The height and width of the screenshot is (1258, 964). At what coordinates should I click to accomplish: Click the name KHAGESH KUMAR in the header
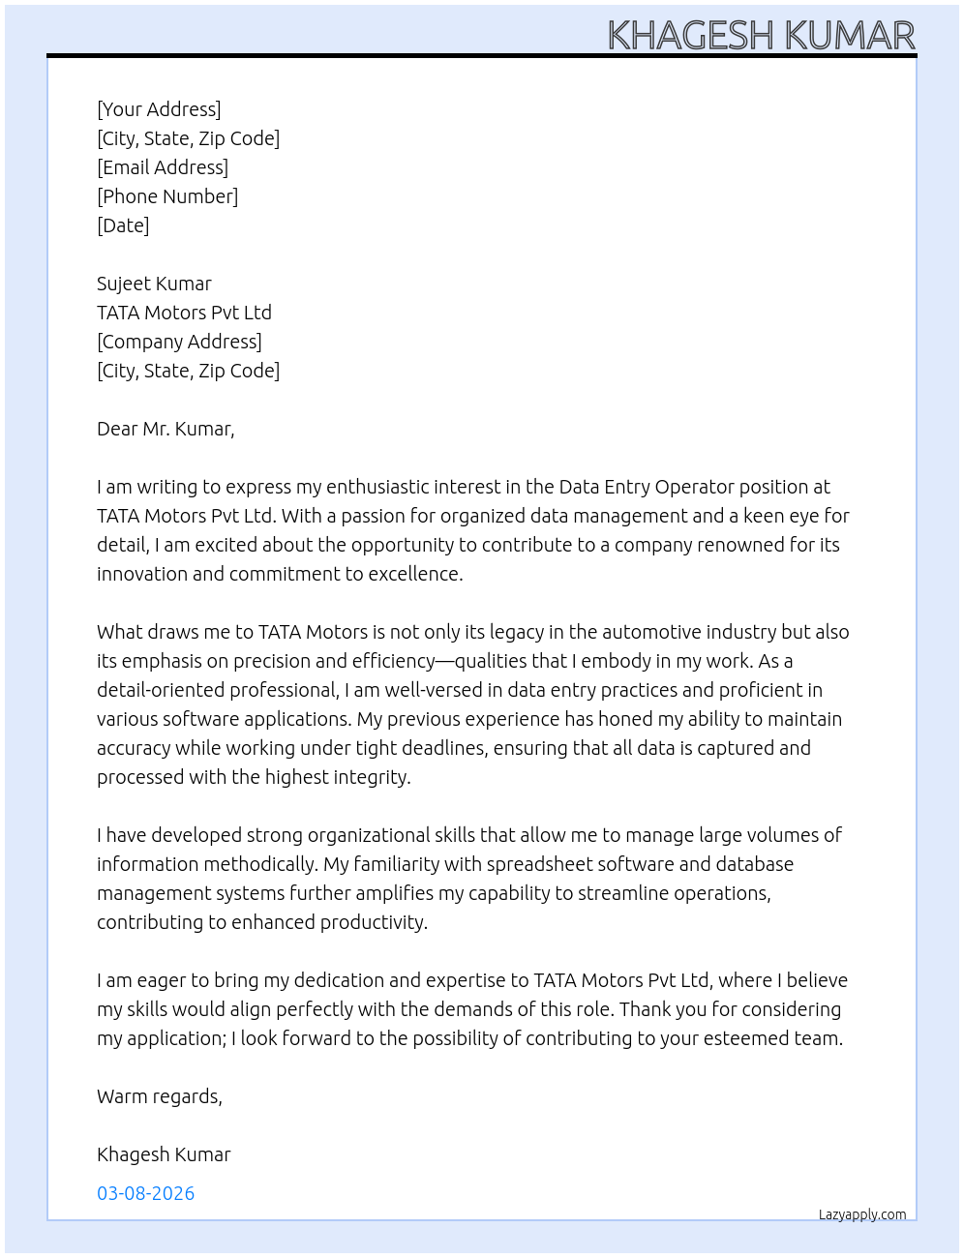pos(761,36)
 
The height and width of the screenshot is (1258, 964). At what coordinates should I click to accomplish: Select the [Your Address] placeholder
pos(159,109)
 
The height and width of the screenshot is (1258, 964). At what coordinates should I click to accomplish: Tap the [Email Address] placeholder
pos(163,167)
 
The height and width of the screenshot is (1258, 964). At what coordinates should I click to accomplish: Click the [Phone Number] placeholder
pos(167,196)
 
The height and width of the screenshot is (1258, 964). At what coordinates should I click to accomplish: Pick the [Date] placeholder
pos(123,225)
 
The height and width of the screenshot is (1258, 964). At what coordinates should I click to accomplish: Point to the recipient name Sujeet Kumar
pos(154,284)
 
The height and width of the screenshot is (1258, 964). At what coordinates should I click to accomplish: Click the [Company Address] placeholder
pos(179,342)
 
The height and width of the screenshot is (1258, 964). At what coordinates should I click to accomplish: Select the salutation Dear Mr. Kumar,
pos(166,429)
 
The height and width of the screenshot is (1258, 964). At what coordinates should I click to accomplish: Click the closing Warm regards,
pos(160,1096)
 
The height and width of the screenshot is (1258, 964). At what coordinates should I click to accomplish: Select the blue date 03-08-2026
pos(145,1193)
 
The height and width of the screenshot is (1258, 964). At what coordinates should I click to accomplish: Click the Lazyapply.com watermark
pos(862,1214)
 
